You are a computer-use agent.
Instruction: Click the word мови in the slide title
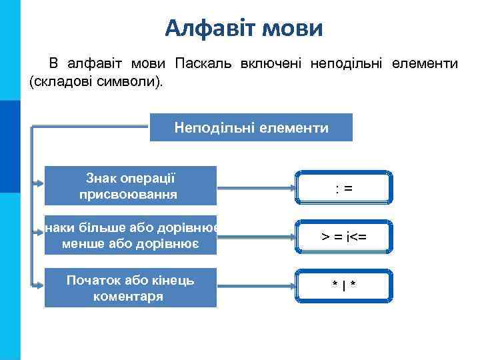pos(293,27)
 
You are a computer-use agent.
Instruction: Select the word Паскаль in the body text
pos(203,64)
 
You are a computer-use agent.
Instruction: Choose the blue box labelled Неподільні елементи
pos(251,127)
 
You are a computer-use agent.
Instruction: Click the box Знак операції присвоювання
pos(131,185)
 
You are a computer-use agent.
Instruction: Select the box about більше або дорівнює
pos(131,236)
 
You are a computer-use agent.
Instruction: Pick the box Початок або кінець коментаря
pos(131,287)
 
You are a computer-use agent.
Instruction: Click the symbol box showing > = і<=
pos(343,237)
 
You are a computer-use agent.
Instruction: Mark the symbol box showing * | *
pos(343,285)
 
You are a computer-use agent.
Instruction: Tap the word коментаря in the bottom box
pos(131,296)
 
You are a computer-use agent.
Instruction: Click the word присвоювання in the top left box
pos(129,195)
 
